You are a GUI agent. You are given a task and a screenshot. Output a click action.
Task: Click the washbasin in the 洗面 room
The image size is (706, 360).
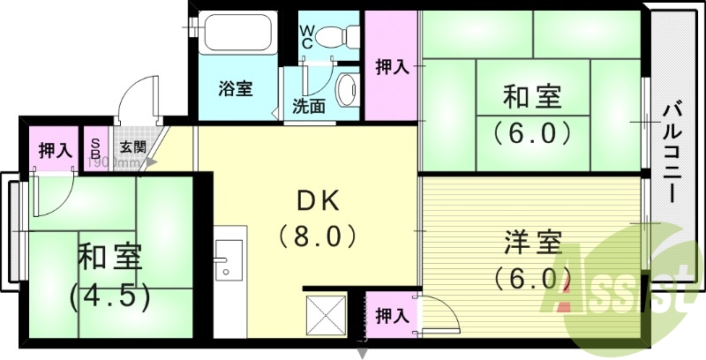click(348, 89)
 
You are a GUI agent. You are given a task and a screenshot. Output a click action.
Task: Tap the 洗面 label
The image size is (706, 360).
click(309, 107)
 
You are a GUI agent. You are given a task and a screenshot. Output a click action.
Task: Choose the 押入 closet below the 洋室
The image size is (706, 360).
click(391, 315)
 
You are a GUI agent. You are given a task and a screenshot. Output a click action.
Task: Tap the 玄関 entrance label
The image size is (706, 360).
click(132, 147)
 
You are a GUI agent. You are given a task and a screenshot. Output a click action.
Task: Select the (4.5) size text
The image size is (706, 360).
click(109, 294)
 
